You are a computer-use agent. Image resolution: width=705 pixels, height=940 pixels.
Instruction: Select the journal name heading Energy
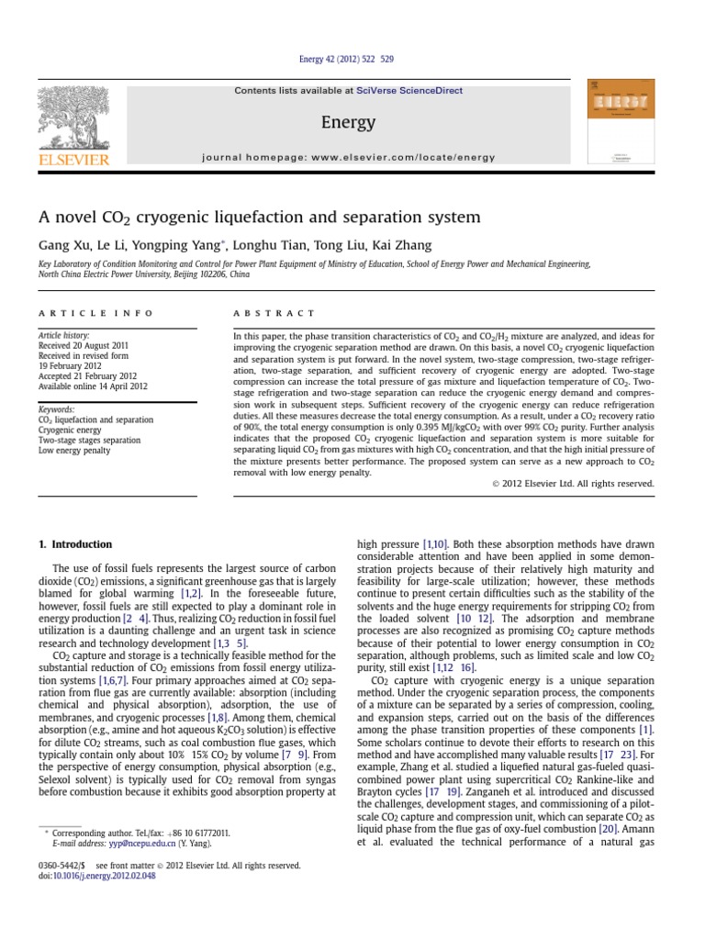[x=348, y=122]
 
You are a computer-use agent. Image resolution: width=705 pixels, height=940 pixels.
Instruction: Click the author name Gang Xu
[x=64, y=245]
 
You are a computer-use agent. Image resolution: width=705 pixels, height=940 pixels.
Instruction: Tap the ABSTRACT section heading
[x=274, y=313]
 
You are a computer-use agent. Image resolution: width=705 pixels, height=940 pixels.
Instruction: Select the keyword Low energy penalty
[x=76, y=452]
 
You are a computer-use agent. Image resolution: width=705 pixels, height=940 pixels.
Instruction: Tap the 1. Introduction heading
[x=82, y=544]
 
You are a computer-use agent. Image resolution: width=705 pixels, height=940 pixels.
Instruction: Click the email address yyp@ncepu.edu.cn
[x=128, y=844]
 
